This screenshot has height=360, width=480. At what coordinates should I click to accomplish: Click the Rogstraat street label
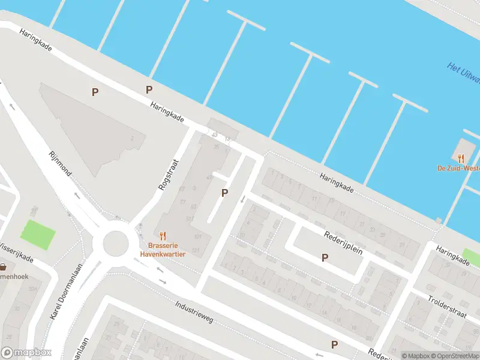click(169, 175)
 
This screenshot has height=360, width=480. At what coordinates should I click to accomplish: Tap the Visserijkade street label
click(17, 256)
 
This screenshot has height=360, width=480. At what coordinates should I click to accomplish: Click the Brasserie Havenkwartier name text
click(163, 250)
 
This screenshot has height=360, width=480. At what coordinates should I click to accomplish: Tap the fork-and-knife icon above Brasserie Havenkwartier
click(163, 236)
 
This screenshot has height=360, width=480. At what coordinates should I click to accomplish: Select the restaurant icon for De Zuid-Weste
click(461, 158)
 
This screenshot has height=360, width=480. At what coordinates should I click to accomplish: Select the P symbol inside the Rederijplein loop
click(325, 258)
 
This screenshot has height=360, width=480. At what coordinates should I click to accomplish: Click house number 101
click(198, 238)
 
